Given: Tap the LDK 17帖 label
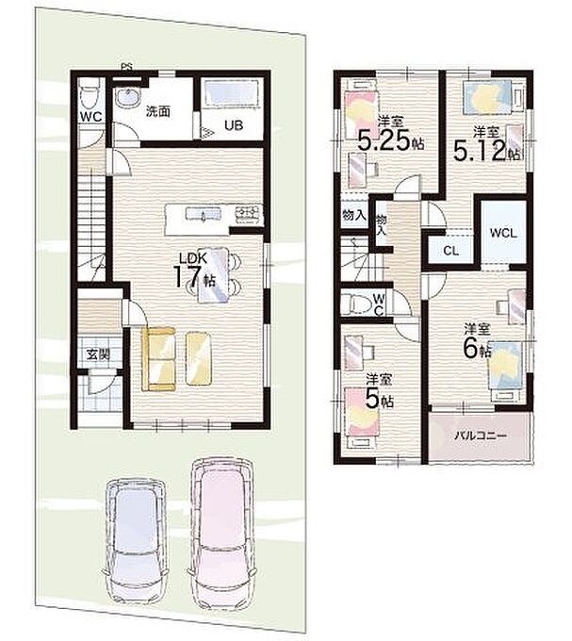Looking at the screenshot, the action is [194, 270].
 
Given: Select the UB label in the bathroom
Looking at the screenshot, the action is [234, 125].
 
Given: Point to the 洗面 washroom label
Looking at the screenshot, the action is [157, 111].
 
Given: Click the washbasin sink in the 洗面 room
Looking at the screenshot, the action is [128, 98].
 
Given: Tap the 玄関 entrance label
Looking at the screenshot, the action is [98, 354].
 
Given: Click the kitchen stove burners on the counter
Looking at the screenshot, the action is [248, 213].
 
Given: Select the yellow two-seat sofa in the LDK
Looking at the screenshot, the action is [158, 358].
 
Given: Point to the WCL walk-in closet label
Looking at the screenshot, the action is [503, 234].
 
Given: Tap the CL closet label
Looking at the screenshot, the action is [451, 251].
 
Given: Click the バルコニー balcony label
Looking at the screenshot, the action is [481, 436].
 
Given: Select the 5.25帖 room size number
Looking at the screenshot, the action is [390, 140].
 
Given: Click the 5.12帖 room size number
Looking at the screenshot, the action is [486, 151].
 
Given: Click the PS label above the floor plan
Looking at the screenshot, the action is [126, 66].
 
